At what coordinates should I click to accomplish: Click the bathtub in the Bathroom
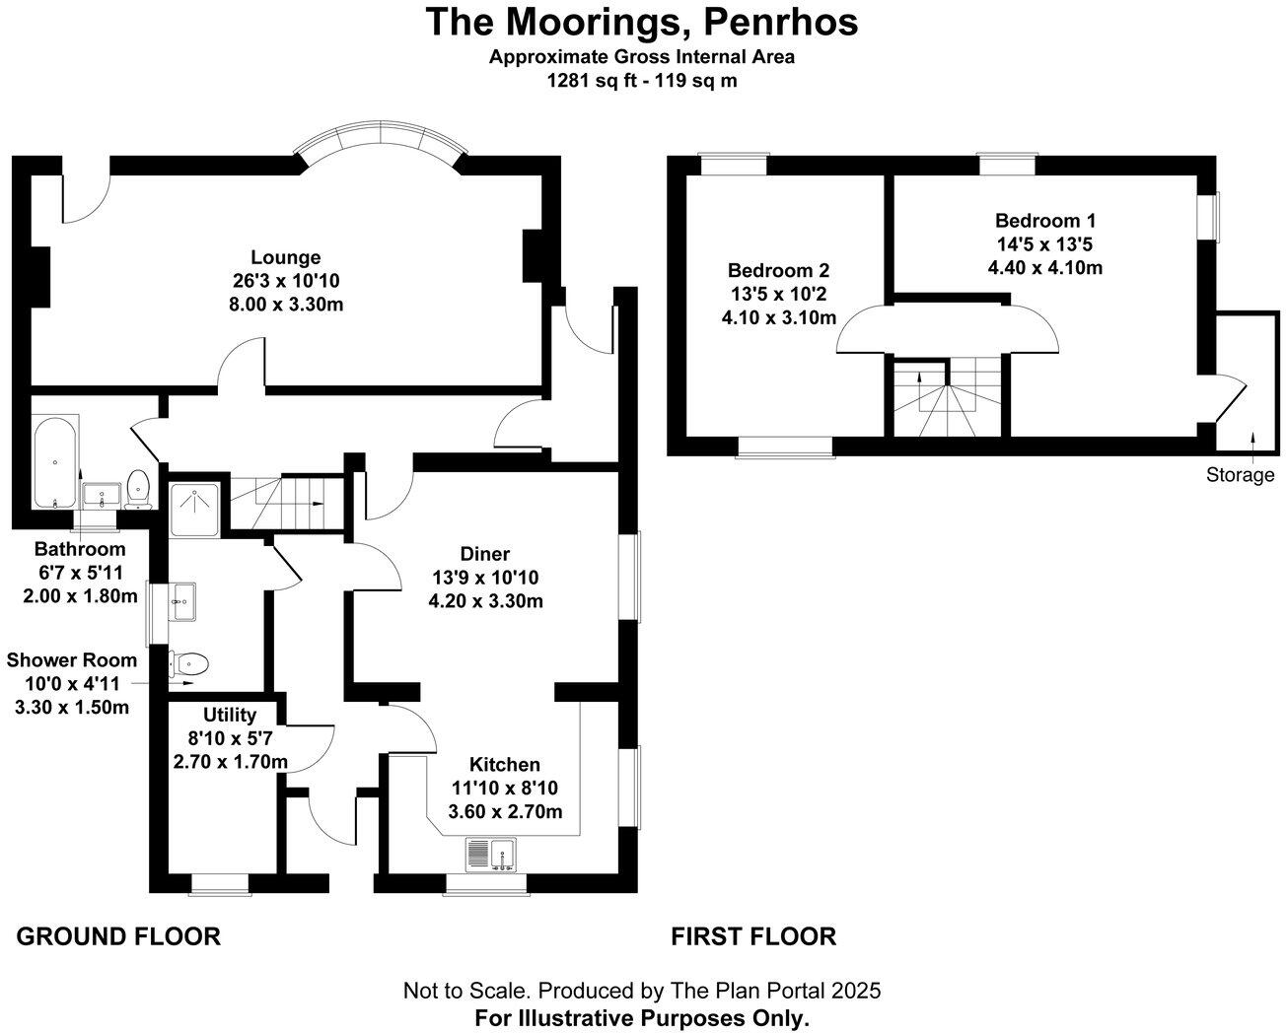(x=55, y=462)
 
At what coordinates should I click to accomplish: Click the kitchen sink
(x=491, y=854)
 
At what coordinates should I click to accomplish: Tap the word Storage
(x=1240, y=475)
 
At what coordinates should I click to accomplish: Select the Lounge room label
(x=285, y=258)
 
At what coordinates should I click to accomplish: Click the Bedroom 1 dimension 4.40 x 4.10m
(x=1044, y=266)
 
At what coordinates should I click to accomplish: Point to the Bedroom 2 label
(x=778, y=271)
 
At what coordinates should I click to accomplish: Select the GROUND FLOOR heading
(x=118, y=935)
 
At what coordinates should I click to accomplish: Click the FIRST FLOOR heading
(x=753, y=935)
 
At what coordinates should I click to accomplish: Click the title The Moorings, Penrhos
(x=641, y=22)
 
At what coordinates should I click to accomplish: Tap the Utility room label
(x=230, y=715)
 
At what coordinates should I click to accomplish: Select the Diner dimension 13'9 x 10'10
(x=485, y=578)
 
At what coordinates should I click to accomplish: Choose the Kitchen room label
(x=504, y=765)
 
